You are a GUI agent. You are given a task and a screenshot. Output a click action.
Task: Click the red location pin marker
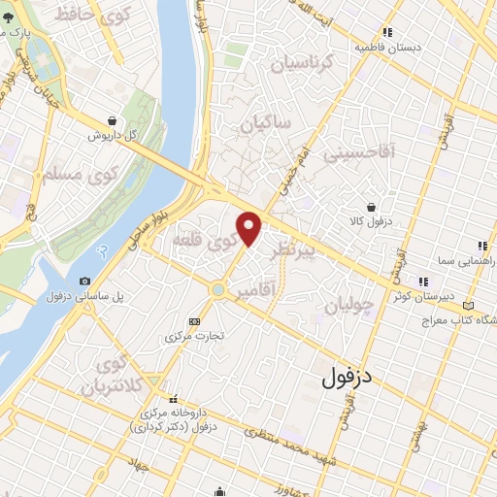click(250, 228)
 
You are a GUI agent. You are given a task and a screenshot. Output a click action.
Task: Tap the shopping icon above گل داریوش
click(114, 120)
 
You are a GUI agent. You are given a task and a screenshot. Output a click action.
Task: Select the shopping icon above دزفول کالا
click(372, 207)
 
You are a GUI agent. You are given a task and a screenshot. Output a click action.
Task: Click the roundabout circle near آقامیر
click(218, 288)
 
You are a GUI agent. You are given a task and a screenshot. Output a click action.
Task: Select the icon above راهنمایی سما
click(479, 247)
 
